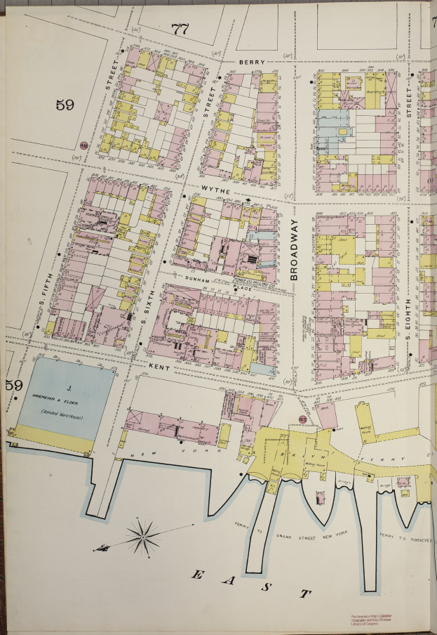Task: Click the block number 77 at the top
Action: pyautogui.click(x=181, y=29)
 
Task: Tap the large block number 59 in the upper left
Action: pyautogui.click(x=65, y=105)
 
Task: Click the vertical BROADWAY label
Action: pyautogui.click(x=295, y=249)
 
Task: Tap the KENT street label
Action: pyautogui.click(x=156, y=366)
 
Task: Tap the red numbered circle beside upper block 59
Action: pyautogui.click(x=85, y=145)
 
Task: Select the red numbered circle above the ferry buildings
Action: pyautogui.click(x=302, y=419)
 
